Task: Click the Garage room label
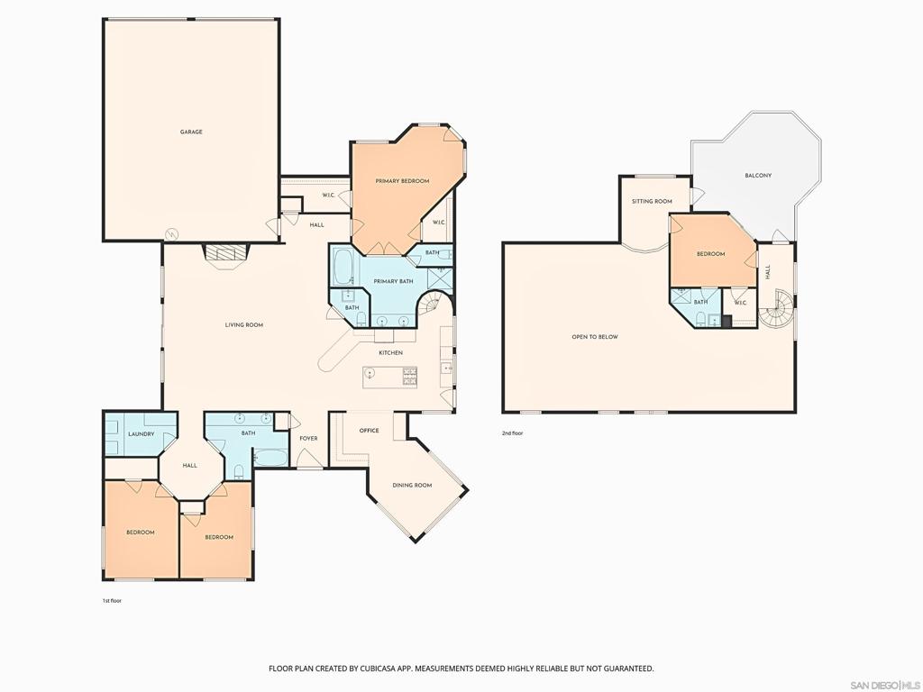point(191,132)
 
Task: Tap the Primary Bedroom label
point(402,180)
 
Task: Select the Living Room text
point(244,324)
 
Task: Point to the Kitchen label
point(391,352)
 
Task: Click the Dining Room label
point(412,486)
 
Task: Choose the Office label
point(369,431)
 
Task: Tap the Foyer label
point(308,439)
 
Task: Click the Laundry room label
point(142,434)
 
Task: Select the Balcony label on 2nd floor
point(758,176)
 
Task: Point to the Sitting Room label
point(652,201)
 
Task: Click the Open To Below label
point(595,337)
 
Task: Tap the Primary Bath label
point(393,281)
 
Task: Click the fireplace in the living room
point(226,255)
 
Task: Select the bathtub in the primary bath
point(343,267)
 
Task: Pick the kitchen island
point(390,377)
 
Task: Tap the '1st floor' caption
point(112,601)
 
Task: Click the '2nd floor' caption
point(512,433)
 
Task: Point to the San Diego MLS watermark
point(886,686)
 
